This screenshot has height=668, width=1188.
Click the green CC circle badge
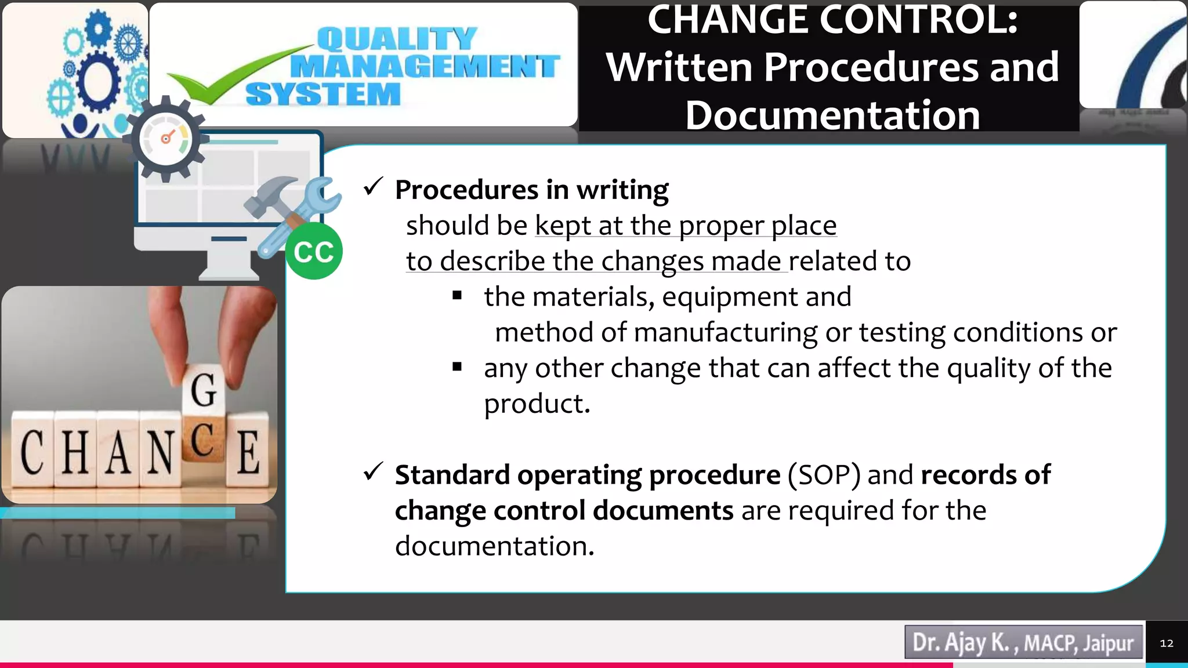tap(314, 251)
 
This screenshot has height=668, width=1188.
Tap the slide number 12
tap(1166, 643)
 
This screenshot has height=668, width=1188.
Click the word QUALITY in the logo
tap(397, 39)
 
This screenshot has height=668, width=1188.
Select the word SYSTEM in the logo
tap(323, 94)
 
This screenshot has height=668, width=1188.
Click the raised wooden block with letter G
tap(204, 389)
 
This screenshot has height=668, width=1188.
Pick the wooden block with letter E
tap(248, 452)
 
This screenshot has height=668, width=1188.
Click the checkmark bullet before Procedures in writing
tap(372, 187)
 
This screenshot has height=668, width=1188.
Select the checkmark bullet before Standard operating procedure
tap(372, 472)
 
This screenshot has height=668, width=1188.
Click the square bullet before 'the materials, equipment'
tap(457, 296)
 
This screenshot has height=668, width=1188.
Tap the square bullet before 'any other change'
tap(457, 366)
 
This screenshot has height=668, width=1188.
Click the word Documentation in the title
tap(832, 115)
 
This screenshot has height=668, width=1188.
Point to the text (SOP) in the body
tap(824, 475)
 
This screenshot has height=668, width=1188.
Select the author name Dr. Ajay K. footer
tap(964, 642)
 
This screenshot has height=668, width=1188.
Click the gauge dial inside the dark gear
tap(167, 139)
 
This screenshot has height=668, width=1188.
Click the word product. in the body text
tap(537, 404)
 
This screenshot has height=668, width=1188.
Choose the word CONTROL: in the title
tap(919, 20)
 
